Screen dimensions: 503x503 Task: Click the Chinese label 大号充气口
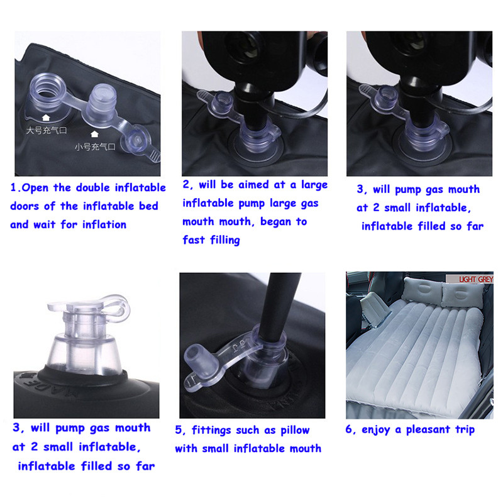point(47,130)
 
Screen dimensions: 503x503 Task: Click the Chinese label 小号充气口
point(95,147)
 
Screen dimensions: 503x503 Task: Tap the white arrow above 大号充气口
point(46,118)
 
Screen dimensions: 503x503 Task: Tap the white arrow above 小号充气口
point(94,134)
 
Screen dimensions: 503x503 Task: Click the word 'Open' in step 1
point(35,188)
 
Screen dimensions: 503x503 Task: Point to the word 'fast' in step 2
point(194,240)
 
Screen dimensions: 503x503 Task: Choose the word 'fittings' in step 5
point(211,431)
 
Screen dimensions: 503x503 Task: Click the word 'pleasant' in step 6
point(428,430)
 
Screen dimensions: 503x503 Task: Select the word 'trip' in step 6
point(465,430)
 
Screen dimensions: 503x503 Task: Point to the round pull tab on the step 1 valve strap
point(136,140)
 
